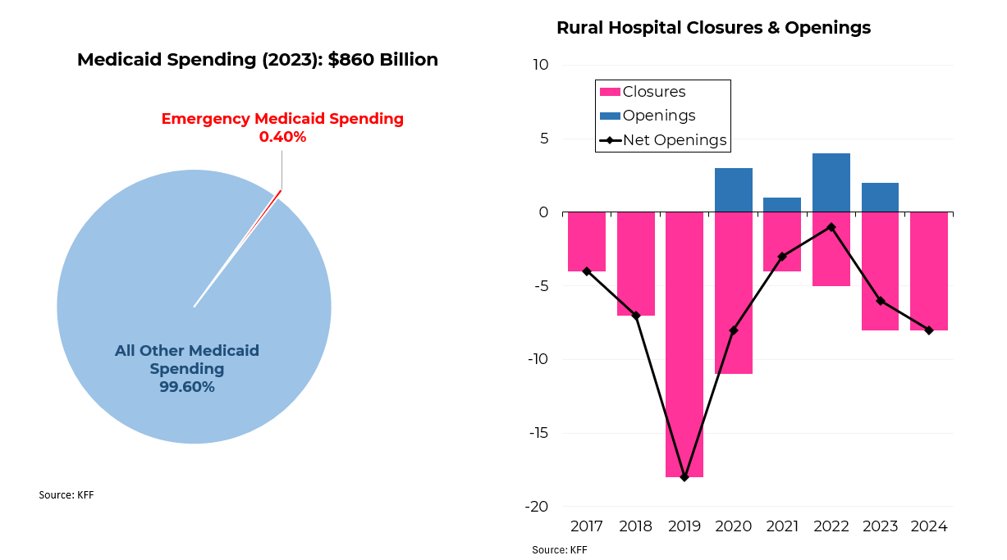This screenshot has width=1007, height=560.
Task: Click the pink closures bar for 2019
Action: (x=684, y=344)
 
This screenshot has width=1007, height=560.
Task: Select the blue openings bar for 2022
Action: (x=831, y=183)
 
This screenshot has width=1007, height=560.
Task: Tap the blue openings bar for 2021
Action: (x=782, y=205)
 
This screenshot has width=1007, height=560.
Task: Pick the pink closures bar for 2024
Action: (x=929, y=271)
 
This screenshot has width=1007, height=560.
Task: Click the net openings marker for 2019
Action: (x=684, y=476)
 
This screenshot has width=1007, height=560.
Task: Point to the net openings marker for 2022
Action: (x=831, y=227)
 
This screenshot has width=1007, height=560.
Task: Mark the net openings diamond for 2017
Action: (x=587, y=271)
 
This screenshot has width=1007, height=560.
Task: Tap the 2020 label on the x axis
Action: (x=734, y=526)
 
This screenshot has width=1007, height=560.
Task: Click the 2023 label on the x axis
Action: (x=881, y=526)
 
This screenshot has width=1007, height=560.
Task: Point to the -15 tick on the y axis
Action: (x=537, y=433)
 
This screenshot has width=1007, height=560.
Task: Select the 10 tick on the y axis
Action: (x=541, y=65)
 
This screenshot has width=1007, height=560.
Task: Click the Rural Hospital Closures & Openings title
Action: (x=713, y=28)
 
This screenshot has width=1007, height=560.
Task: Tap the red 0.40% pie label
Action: (x=282, y=137)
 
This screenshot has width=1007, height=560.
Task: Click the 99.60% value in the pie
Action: (x=187, y=387)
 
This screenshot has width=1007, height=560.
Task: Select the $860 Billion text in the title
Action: (x=382, y=60)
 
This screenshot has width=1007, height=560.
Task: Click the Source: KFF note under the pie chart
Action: (x=66, y=495)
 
